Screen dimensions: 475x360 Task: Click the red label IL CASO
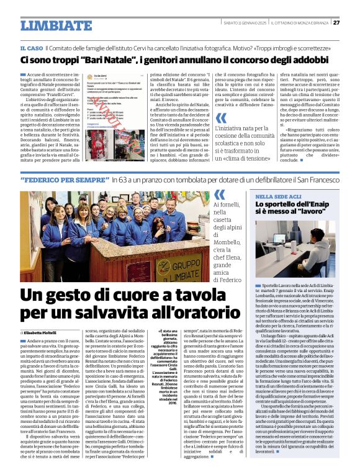point(31,48)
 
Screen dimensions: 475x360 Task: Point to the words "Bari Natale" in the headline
point(107,60)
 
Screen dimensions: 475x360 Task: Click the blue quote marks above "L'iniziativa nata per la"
point(222,118)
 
